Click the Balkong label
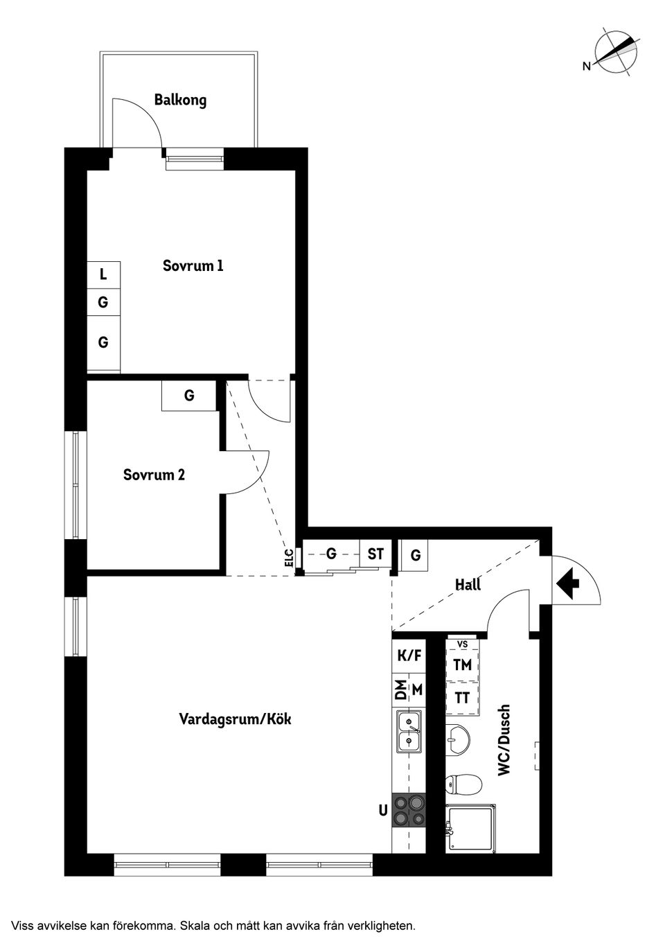[180, 100]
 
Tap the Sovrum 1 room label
[193, 265]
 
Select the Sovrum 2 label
[154, 475]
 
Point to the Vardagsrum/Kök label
[235, 719]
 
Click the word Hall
[468, 585]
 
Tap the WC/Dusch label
[504, 740]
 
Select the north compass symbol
[615, 51]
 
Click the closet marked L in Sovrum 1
[103, 274]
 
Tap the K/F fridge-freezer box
[409, 655]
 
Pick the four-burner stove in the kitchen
[408, 810]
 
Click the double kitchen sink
[409, 732]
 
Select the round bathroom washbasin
[458, 739]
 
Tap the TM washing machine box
[462, 665]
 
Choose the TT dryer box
[462, 698]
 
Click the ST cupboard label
[375, 554]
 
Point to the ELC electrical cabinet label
[289, 558]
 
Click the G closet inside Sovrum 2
[188, 396]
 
